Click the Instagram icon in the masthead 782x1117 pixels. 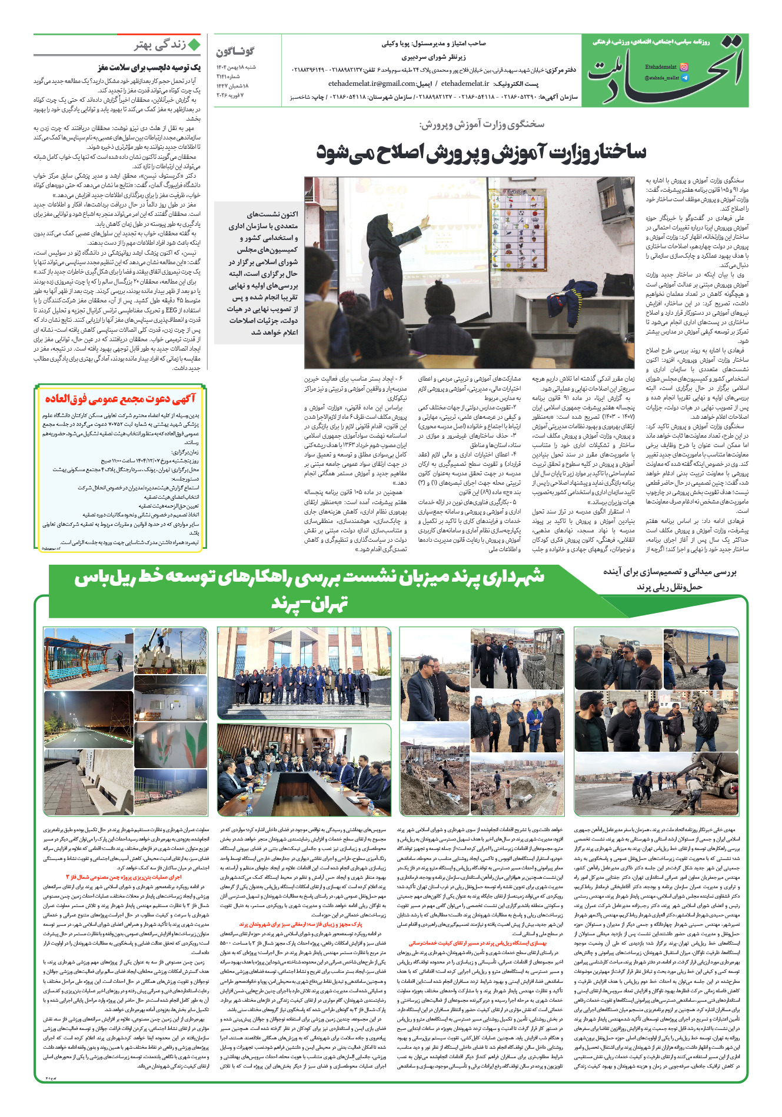pyautogui.click(x=684, y=67)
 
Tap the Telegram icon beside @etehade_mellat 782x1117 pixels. pyautogui.click(x=684, y=78)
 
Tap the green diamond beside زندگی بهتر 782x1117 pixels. pyautogui.click(x=194, y=45)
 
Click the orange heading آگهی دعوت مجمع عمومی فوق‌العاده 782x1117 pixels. pyautogui.click(x=120, y=399)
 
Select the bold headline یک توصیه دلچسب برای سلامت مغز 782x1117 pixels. pyautogui.click(x=149, y=68)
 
